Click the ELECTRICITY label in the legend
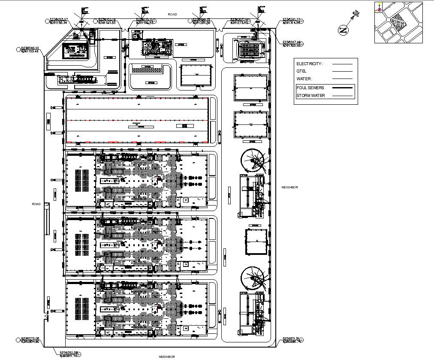(309, 64)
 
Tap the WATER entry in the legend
(304, 79)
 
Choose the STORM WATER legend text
(310, 96)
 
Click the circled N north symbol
(343, 30)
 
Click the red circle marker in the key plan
(380, 9)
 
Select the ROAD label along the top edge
(172, 15)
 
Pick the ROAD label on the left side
(36, 204)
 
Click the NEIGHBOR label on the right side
(289, 188)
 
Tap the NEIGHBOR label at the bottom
(167, 357)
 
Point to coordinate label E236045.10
(30, 48)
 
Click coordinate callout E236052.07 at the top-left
(59, 19)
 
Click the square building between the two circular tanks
(256, 242)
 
